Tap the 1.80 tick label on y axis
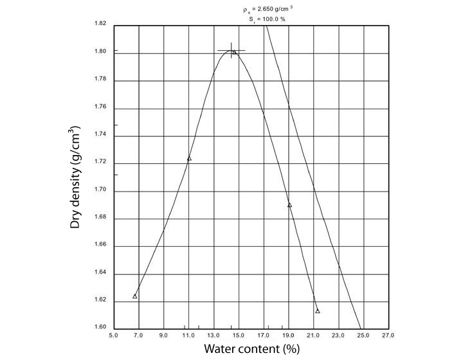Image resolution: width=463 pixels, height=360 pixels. [100, 52]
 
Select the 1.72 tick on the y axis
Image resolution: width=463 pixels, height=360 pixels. [100, 163]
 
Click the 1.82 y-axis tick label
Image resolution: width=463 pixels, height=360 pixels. [100, 24]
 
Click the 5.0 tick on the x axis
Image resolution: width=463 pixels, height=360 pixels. [113, 335]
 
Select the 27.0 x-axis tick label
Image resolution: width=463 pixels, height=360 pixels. [388, 335]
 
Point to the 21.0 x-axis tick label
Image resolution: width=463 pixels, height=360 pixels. [313, 335]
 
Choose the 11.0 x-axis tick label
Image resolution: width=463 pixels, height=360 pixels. [188, 335]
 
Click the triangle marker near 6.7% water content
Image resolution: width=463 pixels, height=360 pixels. [135, 296]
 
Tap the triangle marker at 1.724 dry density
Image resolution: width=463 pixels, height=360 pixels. [189, 158]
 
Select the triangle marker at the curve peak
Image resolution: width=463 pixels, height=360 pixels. [234, 52]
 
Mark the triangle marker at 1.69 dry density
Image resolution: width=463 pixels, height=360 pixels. [289, 205]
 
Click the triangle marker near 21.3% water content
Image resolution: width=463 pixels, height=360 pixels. [318, 311]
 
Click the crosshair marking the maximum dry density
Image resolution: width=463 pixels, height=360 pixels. [231, 50]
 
